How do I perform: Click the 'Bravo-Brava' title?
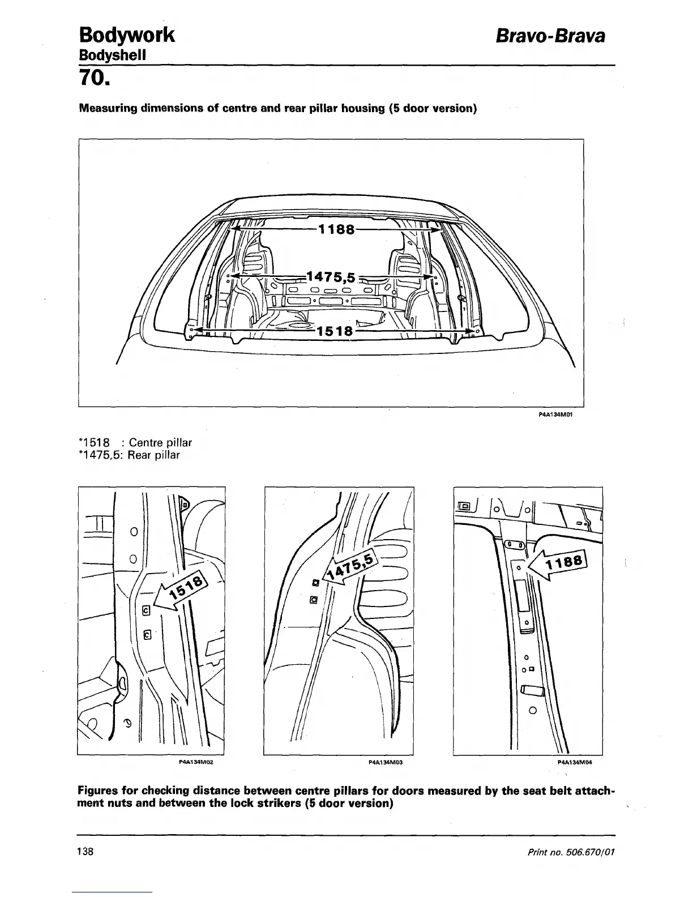550,36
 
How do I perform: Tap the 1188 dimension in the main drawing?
337,229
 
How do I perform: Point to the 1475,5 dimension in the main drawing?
331,277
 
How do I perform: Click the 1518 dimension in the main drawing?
334,331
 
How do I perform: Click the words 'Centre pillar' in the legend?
160,442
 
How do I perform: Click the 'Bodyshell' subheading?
112,55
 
